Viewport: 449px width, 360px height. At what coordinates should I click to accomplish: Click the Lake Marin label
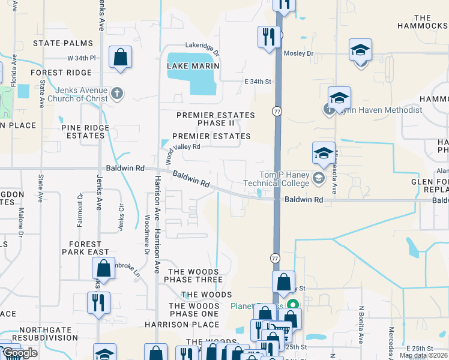pos(193,66)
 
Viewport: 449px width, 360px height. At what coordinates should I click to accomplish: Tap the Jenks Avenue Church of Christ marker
pos(116,94)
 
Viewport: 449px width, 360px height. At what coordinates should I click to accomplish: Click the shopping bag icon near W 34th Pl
pos(120,58)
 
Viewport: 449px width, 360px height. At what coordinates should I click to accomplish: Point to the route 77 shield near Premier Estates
pos(277,112)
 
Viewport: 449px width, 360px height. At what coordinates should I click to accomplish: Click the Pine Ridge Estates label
pos(85,131)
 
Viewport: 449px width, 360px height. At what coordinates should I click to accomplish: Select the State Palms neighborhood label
pos(63,43)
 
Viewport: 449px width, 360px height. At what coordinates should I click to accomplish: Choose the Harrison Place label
pos(173,325)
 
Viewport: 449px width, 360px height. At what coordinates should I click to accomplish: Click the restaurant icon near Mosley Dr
pos(269,37)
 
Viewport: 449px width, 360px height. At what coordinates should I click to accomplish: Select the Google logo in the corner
pos(20,353)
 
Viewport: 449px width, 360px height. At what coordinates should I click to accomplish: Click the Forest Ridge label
pos(62,73)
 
